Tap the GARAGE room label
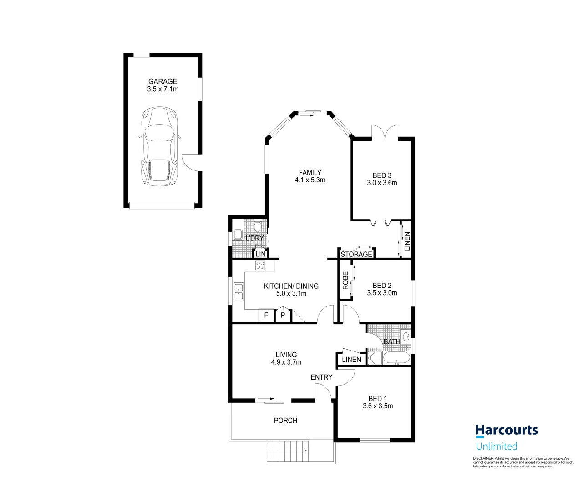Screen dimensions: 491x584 (x=163, y=82)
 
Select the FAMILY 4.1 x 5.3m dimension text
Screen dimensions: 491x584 (x=310, y=180)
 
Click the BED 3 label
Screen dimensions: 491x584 (x=382, y=175)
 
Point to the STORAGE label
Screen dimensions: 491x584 (x=356, y=254)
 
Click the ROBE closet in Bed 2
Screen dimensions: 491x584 (x=345, y=281)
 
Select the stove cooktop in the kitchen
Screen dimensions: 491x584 (x=260, y=266)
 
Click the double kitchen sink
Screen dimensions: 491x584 (x=239, y=291)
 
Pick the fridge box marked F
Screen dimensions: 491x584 (x=266, y=315)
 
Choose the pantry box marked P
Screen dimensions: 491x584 (x=283, y=315)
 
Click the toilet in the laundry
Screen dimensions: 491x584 (x=258, y=226)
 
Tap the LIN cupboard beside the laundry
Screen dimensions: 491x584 (x=260, y=254)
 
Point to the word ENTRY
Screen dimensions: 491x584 (x=321, y=377)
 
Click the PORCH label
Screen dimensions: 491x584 (x=285, y=421)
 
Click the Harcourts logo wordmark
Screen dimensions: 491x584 (x=506, y=430)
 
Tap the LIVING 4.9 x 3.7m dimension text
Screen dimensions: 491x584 (x=286, y=362)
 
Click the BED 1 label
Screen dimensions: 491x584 (x=378, y=399)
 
